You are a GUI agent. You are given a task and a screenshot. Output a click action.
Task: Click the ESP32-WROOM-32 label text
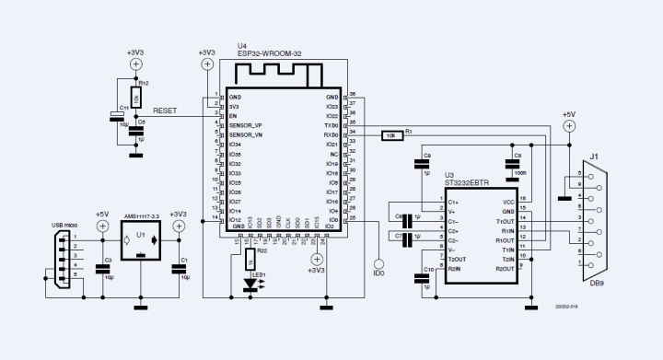(270, 54)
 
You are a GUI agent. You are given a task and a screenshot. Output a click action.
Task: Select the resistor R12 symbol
(135, 95)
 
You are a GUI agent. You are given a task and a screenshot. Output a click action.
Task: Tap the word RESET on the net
(166, 110)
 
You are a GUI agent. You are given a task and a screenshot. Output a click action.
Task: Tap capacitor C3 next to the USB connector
(101, 269)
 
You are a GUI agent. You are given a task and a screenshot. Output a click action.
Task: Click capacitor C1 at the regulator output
(178, 269)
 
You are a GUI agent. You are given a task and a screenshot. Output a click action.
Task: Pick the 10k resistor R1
(390, 134)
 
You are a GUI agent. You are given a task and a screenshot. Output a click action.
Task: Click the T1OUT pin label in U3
(505, 222)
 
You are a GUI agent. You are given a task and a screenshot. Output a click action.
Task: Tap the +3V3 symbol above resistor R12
(134, 64)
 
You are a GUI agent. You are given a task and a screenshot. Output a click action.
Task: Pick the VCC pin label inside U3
(507, 201)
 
